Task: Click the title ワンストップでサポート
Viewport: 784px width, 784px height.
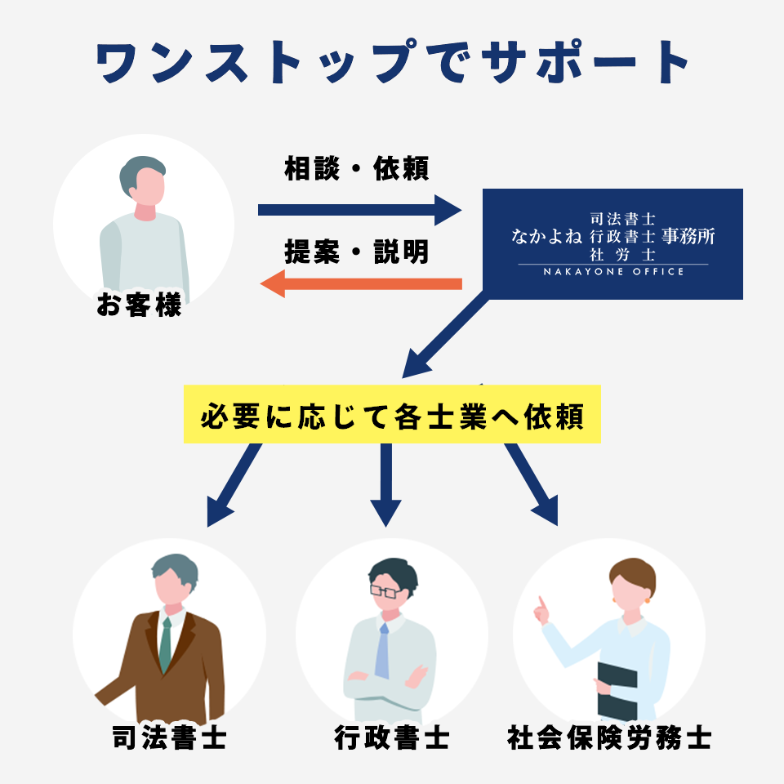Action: tap(392, 62)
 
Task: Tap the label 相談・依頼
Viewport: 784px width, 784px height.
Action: tap(357, 169)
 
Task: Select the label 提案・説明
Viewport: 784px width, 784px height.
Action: tap(357, 252)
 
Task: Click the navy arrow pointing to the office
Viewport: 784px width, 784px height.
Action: tap(359, 210)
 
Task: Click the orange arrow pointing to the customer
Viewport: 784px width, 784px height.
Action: tap(359, 284)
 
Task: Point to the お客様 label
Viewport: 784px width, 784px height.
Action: tap(139, 308)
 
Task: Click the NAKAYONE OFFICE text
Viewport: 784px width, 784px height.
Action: tap(613, 271)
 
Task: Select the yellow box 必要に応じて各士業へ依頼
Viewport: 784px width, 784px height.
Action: tap(392, 415)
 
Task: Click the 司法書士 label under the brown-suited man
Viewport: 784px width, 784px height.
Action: tap(169, 738)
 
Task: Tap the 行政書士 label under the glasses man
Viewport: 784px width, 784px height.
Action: tap(392, 738)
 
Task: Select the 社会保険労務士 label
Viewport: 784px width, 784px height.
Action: tap(609, 738)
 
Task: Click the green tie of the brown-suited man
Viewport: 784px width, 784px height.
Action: tap(166, 645)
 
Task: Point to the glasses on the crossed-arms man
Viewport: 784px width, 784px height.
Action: tap(385, 590)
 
